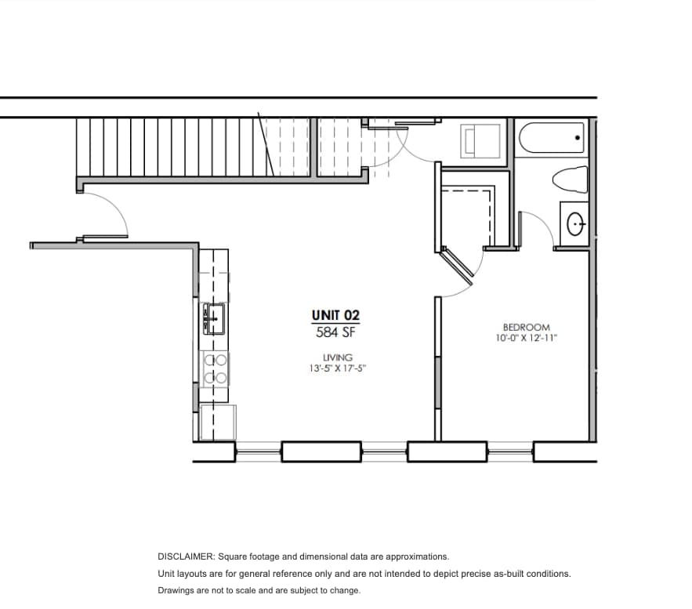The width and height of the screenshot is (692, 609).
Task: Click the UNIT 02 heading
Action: (x=335, y=315)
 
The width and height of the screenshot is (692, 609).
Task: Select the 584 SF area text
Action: (x=336, y=332)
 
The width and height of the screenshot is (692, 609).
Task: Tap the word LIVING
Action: (x=337, y=357)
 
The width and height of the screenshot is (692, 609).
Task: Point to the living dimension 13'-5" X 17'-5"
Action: (x=337, y=367)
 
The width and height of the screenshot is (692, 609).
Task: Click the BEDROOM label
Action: (x=526, y=328)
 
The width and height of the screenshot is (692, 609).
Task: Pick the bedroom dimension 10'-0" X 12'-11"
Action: (x=526, y=339)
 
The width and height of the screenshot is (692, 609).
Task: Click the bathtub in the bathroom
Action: (x=552, y=140)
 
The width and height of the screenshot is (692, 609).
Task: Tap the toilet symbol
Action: (x=571, y=179)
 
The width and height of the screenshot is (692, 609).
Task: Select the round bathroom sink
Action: (x=577, y=224)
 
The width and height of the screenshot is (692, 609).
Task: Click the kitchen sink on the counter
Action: (x=213, y=318)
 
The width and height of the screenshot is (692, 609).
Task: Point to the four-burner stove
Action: (x=215, y=368)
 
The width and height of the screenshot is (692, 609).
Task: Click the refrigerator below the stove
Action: (x=217, y=422)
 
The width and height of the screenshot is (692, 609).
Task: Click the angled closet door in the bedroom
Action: (x=458, y=264)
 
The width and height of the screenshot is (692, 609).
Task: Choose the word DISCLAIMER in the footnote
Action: (x=186, y=556)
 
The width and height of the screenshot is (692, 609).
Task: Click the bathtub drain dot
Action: (x=578, y=138)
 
